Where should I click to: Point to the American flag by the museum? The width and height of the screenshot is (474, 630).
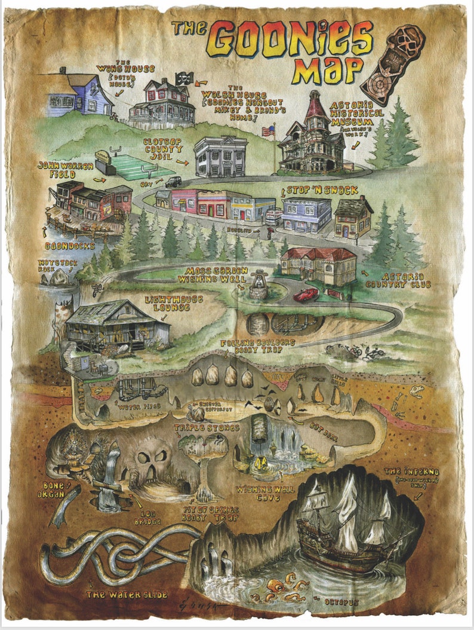268,130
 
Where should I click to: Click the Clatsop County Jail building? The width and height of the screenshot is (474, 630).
220,157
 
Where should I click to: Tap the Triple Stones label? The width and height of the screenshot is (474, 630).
207,428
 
